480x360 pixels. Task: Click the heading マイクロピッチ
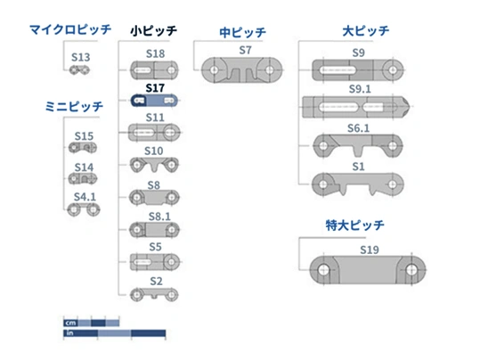[70, 29]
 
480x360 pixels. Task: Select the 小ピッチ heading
[154, 30]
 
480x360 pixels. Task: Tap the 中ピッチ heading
[243, 32]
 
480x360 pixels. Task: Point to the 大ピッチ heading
[366, 31]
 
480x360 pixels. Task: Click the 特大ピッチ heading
[354, 225]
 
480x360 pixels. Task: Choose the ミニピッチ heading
[74, 107]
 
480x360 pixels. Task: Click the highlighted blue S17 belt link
[154, 101]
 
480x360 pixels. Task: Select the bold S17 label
[155, 88]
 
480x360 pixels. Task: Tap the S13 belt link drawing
[79, 70]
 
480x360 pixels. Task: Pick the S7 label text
[245, 50]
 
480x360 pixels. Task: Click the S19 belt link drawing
[368, 270]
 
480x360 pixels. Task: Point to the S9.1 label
[360, 89]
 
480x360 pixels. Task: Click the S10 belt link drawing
[154, 166]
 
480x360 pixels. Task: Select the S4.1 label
[85, 197]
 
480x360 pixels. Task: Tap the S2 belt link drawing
[154, 295]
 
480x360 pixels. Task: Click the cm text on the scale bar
[70, 323]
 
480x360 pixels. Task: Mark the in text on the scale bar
[69, 332]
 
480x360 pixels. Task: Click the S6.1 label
[359, 128]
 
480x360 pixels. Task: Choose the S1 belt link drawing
[358, 184]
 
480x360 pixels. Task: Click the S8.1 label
[159, 217]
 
